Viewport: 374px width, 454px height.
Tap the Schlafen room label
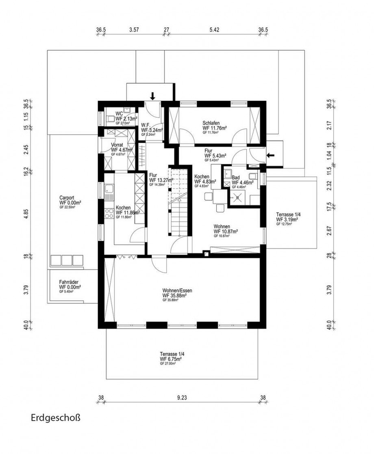pos(211,123)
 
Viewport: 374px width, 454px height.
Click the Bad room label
pos(236,178)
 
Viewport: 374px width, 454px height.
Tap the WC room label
pos(119,113)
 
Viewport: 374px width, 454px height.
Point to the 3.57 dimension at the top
pos(134,30)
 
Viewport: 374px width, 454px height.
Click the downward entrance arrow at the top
pos(152,96)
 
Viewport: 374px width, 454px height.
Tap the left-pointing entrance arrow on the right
pos(270,155)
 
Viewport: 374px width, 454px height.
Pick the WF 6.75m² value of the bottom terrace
pos(171,359)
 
